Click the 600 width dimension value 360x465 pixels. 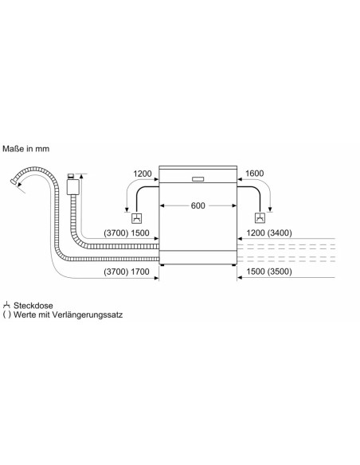[198, 205]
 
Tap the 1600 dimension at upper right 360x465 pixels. [254, 174]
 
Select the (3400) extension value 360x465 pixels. [280, 232]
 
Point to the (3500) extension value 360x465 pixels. [280, 272]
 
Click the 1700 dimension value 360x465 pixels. [140, 272]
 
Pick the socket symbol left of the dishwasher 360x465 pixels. [137, 218]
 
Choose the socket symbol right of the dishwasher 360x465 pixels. [260, 218]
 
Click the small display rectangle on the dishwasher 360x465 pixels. [198, 179]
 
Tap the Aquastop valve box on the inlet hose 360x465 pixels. [72, 187]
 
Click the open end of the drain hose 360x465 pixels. [14, 182]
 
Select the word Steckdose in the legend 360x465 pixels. [33, 306]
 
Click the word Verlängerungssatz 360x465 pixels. [88, 315]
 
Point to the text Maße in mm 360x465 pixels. [25, 149]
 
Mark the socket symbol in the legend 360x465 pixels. [6, 305]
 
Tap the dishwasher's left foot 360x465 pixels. [162, 265]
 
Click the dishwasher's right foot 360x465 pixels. [234, 265]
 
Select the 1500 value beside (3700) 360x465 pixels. [140, 233]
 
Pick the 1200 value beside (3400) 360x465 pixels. [256, 232]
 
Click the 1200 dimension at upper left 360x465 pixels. [143, 174]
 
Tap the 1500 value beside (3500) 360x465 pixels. [256, 272]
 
